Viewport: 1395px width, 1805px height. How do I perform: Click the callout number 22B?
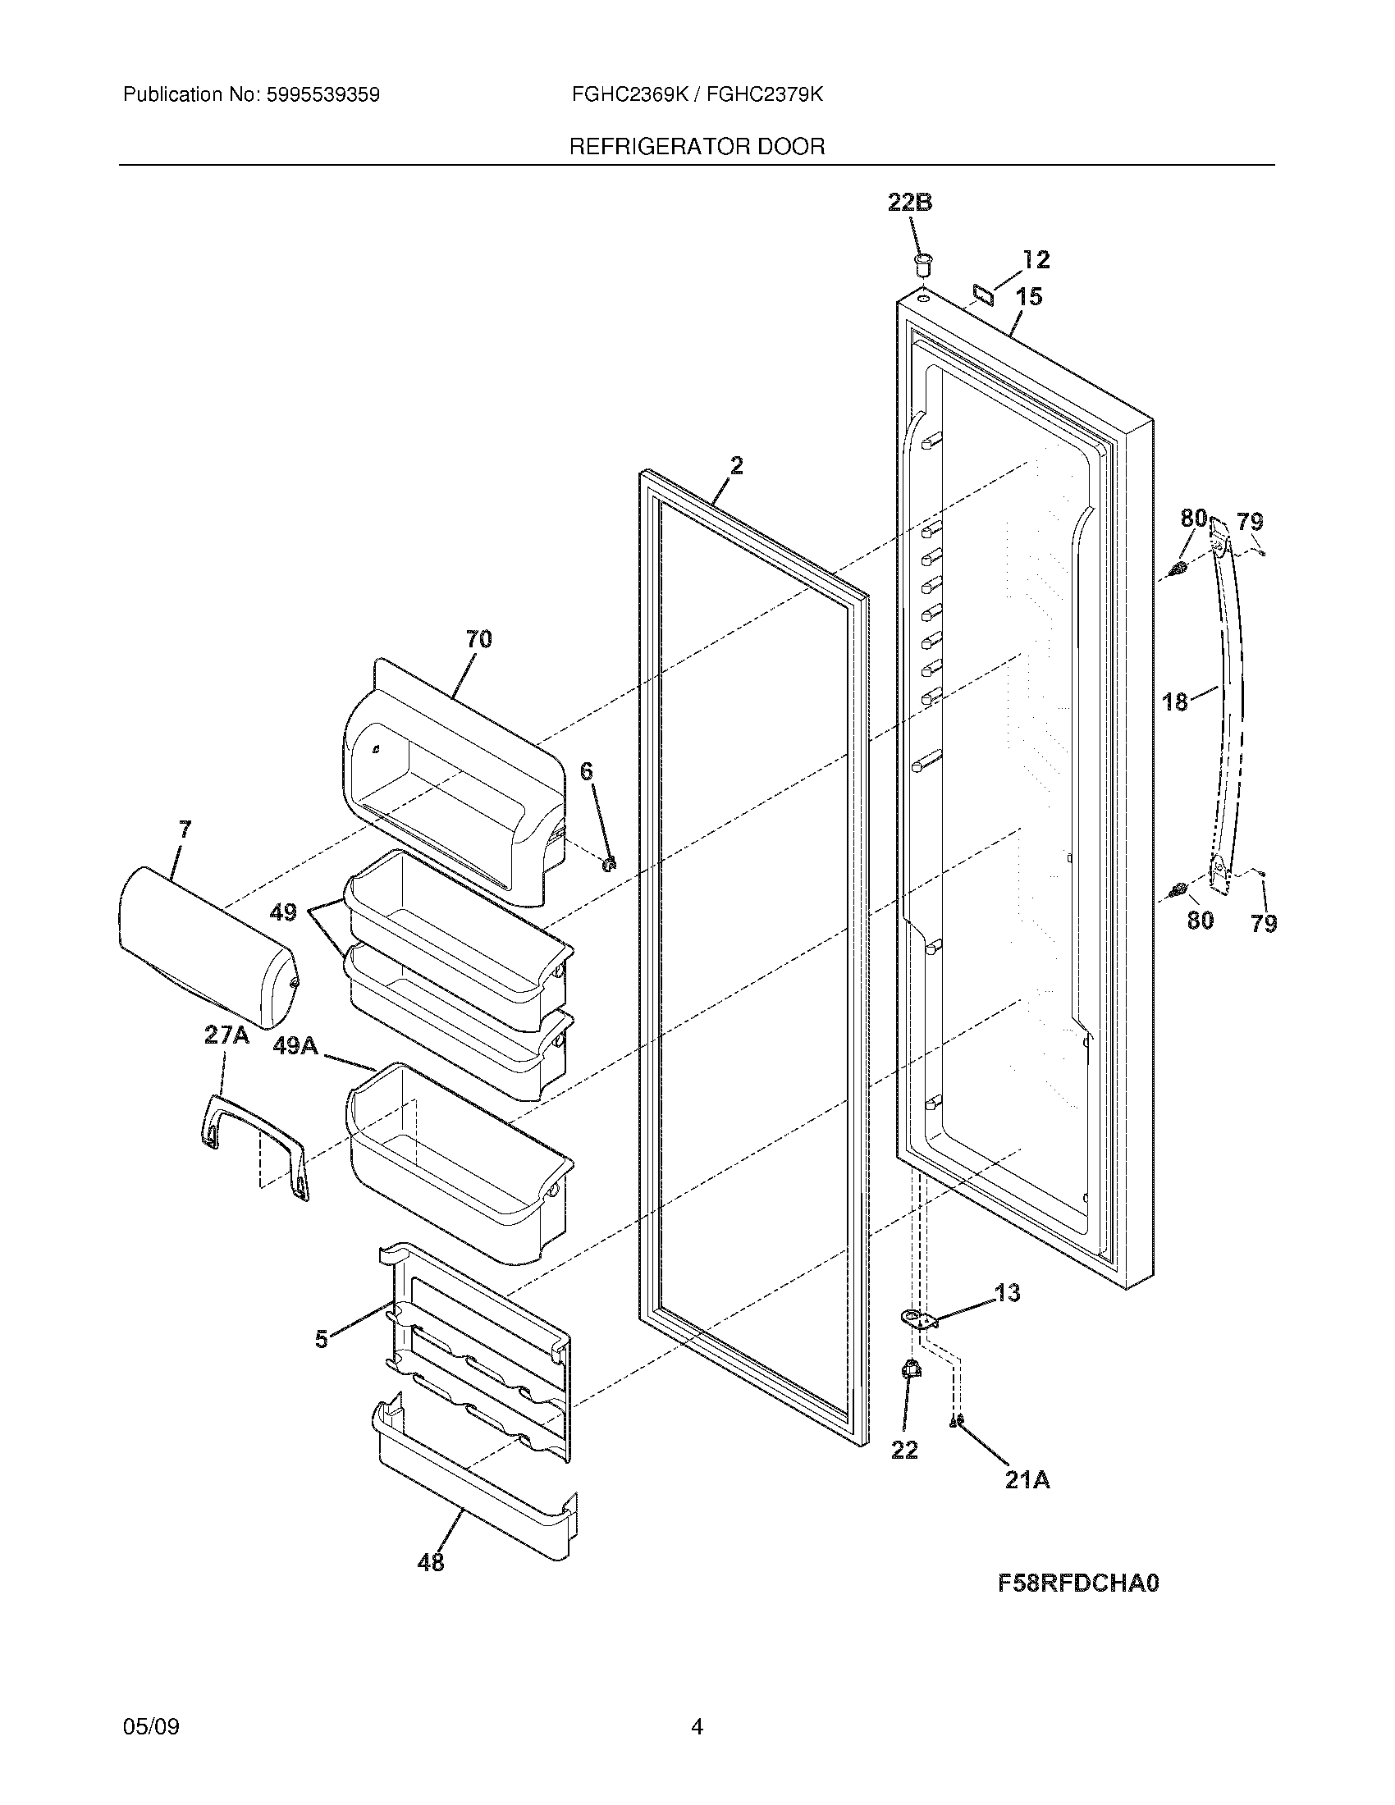(910, 203)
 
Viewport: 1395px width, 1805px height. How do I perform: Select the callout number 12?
(1035, 259)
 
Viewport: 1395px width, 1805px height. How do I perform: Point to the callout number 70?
(478, 639)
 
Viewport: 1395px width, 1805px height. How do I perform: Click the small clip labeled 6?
(611, 864)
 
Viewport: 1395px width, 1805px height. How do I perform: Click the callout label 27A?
(226, 1035)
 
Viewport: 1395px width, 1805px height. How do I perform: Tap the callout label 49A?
(295, 1046)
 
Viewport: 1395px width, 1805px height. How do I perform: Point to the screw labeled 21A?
(958, 1421)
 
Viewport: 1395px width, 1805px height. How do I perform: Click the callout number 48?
(432, 1562)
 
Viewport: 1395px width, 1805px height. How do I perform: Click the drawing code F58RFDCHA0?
(1077, 1583)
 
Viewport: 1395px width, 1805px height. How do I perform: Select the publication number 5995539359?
(322, 95)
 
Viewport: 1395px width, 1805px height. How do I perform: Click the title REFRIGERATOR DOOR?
(697, 147)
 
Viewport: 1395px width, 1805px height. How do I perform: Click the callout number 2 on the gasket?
(736, 466)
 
